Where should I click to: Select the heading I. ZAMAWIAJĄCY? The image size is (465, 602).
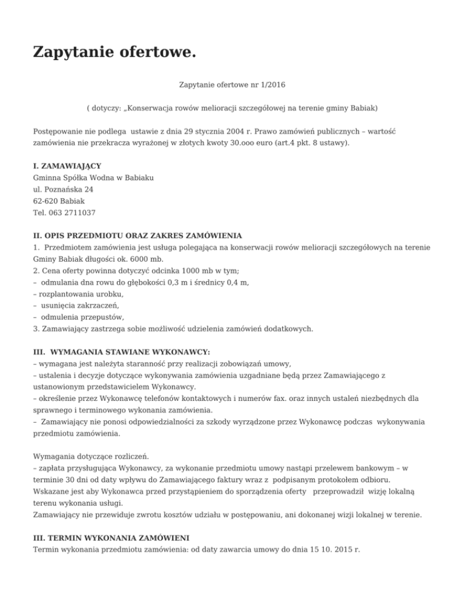[67, 165]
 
